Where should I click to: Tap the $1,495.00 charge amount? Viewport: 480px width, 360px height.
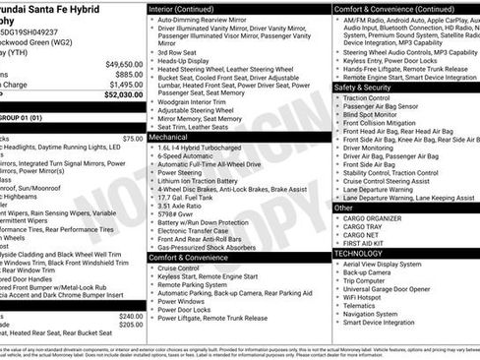point(125,85)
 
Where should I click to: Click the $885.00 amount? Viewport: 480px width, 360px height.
point(129,74)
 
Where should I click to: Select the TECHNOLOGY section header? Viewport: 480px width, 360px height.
point(359,253)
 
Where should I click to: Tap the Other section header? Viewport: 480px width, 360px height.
point(344,208)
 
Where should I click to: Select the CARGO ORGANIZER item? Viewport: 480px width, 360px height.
point(379,218)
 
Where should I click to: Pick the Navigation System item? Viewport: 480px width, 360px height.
point(378,313)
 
